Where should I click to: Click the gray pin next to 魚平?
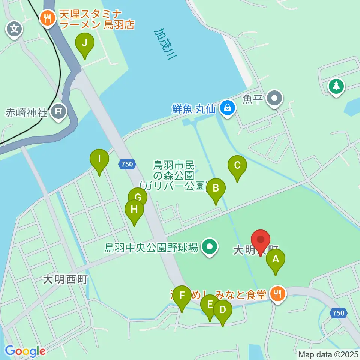pyautogui.click(x=275, y=99)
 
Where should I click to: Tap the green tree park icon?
pyautogui.click(x=336, y=86)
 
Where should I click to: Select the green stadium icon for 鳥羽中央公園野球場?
pyautogui.click(x=209, y=247)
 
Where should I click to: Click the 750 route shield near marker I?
pyautogui.click(x=127, y=164)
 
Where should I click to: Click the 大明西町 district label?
pyautogui.click(x=65, y=279)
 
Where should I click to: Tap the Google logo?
pyautogui.click(x=25, y=351)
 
